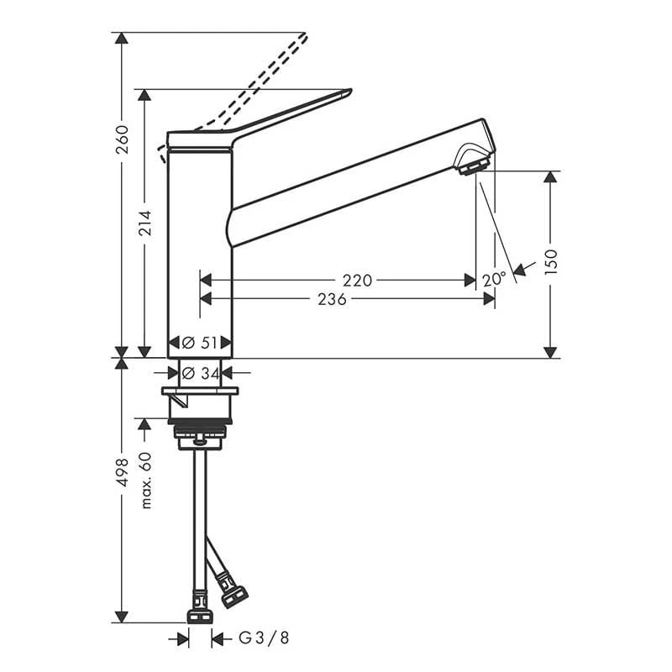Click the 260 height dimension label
tap(123, 139)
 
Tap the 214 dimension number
tap(145, 223)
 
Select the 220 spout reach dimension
tap(358, 281)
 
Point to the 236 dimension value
tap(332, 299)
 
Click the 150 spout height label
tap(551, 261)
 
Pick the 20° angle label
tap(494, 280)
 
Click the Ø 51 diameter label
tap(200, 343)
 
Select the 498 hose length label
tap(123, 472)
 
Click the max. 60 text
tap(145, 480)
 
